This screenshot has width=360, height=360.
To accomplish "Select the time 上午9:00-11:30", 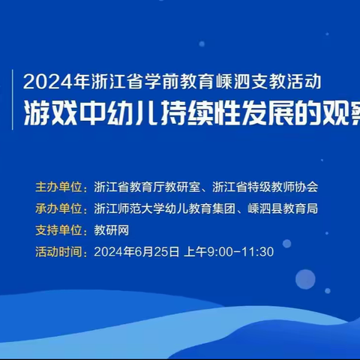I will coord(229,252).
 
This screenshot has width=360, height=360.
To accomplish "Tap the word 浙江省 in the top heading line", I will coord(108,79).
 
